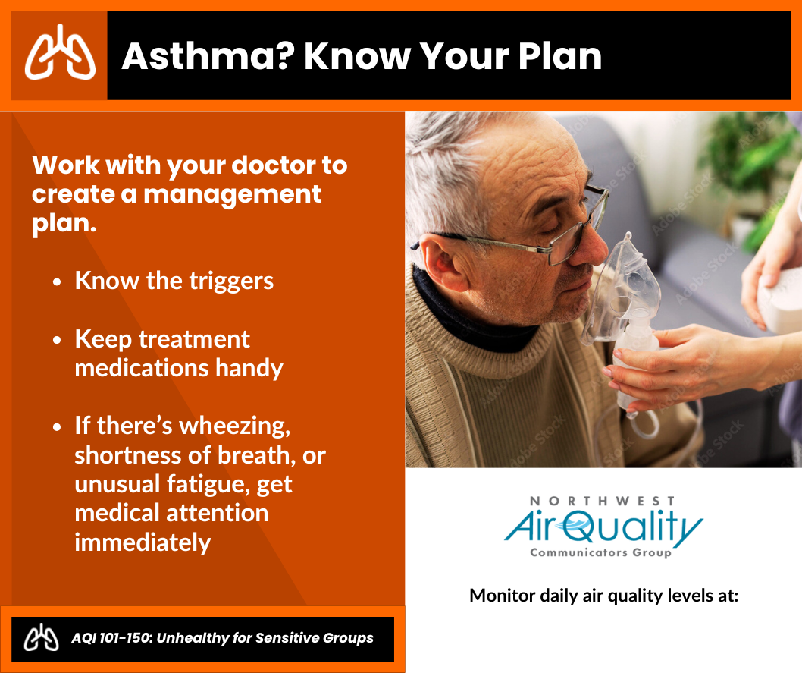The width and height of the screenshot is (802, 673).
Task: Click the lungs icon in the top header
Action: click(60, 52)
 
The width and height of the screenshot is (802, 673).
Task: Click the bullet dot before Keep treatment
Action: click(57, 340)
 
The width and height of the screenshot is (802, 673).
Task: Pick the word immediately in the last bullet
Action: click(143, 543)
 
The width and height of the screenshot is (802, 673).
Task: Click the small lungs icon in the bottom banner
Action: click(42, 637)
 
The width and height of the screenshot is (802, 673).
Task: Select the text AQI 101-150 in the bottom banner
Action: click(111, 637)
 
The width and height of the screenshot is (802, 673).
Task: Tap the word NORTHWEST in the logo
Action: click(602, 501)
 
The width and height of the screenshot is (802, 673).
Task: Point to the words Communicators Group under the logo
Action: click(601, 552)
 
